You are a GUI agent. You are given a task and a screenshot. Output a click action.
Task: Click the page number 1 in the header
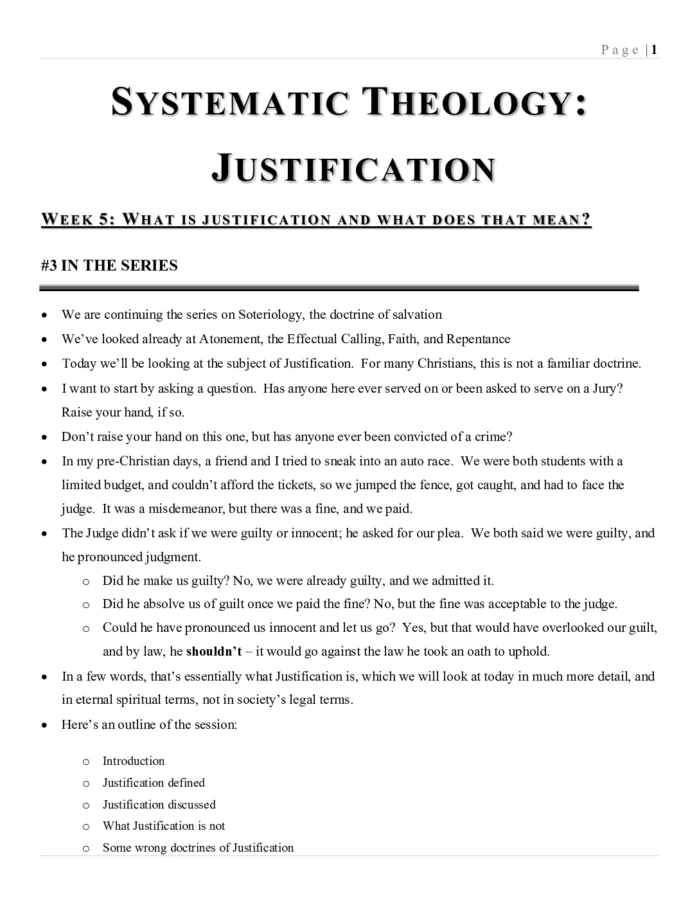click(x=654, y=50)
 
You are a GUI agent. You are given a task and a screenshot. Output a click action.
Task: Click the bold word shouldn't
click(x=214, y=652)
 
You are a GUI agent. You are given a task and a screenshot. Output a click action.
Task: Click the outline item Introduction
click(x=134, y=761)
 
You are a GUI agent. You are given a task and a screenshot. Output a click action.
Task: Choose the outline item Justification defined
click(x=154, y=783)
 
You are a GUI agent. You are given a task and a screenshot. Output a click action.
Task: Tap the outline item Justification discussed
click(x=159, y=805)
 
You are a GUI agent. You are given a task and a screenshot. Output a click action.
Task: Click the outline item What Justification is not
click(x=164, y=826)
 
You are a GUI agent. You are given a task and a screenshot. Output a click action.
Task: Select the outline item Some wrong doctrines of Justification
click(x=198, y=848)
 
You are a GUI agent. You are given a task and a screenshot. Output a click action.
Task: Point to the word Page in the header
click(x=620, y=51)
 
